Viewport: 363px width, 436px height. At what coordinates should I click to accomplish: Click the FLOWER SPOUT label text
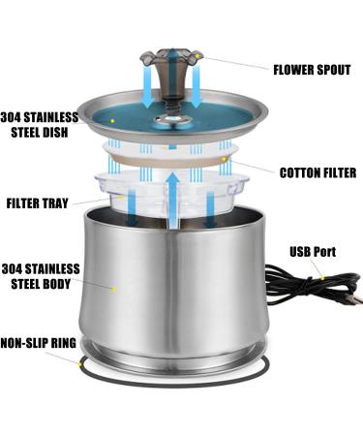[x=315, y=69]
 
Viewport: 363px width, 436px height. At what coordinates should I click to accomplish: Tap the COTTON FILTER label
[x=317, y=173]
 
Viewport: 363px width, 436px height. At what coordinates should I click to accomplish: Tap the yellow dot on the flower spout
[x=197, y=58]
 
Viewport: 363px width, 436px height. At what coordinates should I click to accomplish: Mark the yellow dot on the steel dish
[x=113, y=119]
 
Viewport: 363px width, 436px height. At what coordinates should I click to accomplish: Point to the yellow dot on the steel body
[x=113, y=287]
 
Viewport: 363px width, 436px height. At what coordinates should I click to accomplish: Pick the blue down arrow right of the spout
[x=197, y=92]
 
